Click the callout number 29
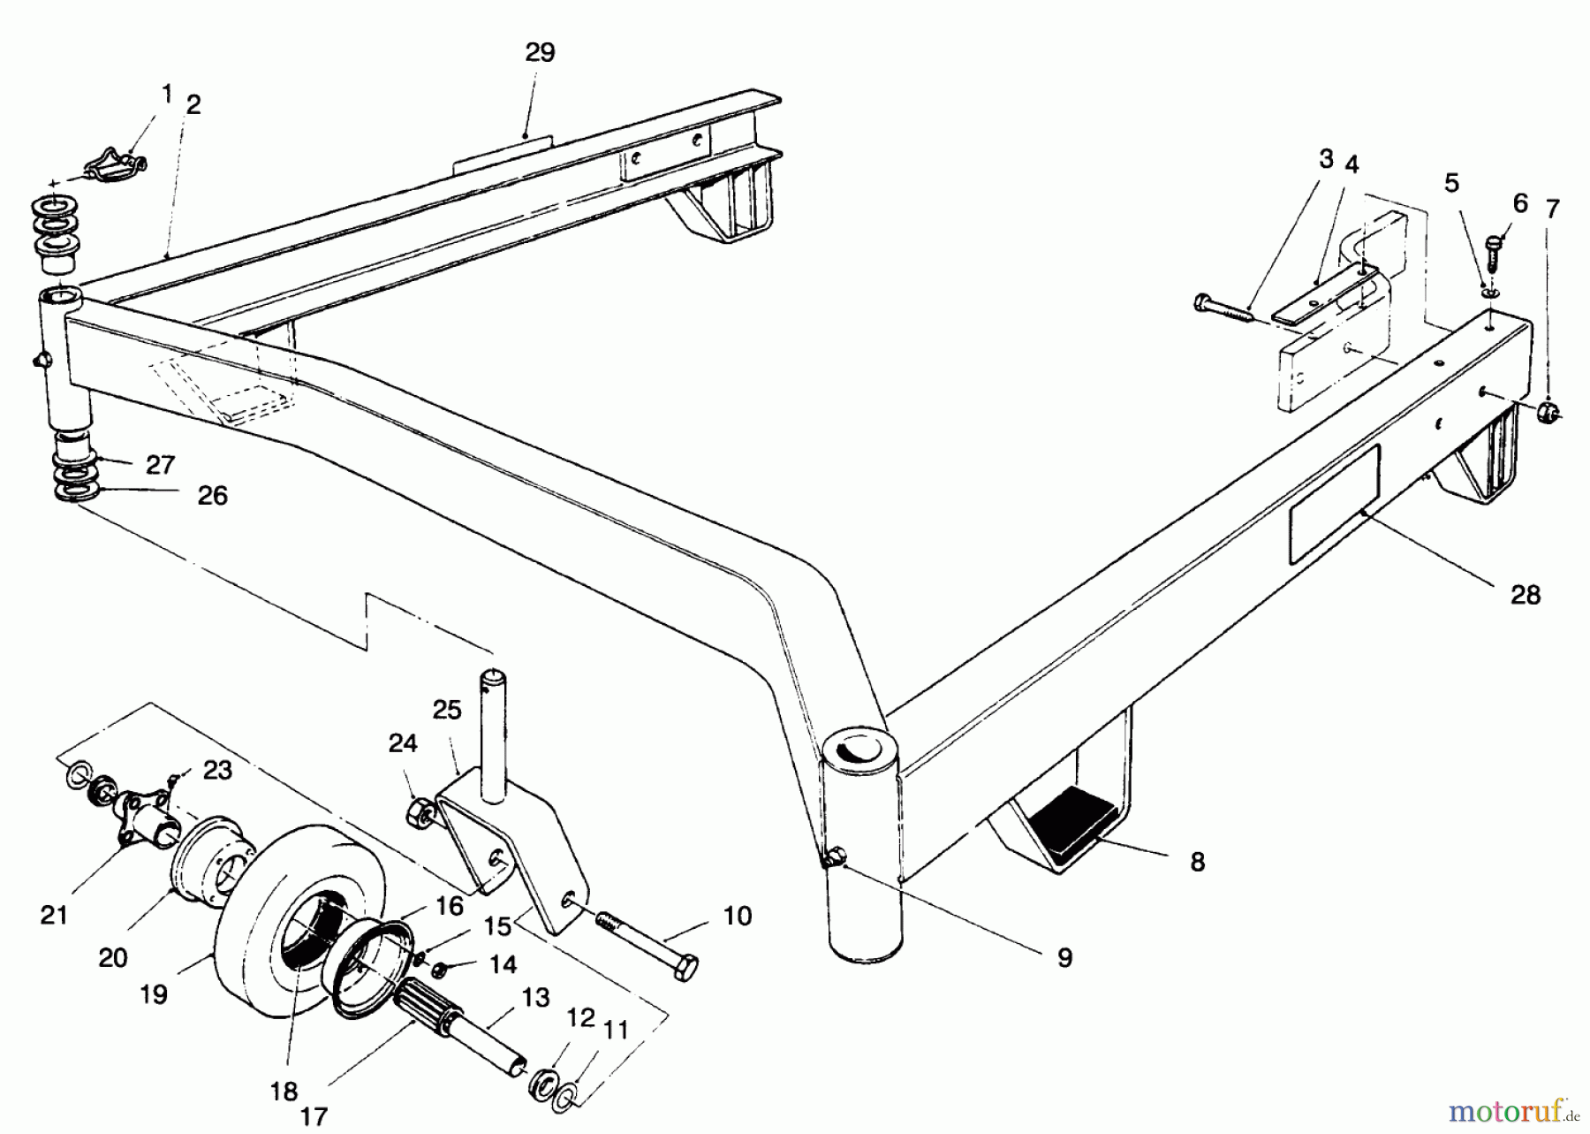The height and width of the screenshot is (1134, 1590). tap(540, 53)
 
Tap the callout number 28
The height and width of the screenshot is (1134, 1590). tap(1526, 595)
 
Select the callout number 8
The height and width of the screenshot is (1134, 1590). tap(1197, 862)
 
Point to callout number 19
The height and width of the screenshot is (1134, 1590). tap(154, 994)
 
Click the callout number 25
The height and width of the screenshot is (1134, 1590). tap(448, 709)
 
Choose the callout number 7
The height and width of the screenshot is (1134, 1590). tap(1552, 209)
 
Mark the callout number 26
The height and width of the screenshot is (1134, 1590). tap(213, 496)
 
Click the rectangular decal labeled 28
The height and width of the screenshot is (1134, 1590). tap(1335, 505)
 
